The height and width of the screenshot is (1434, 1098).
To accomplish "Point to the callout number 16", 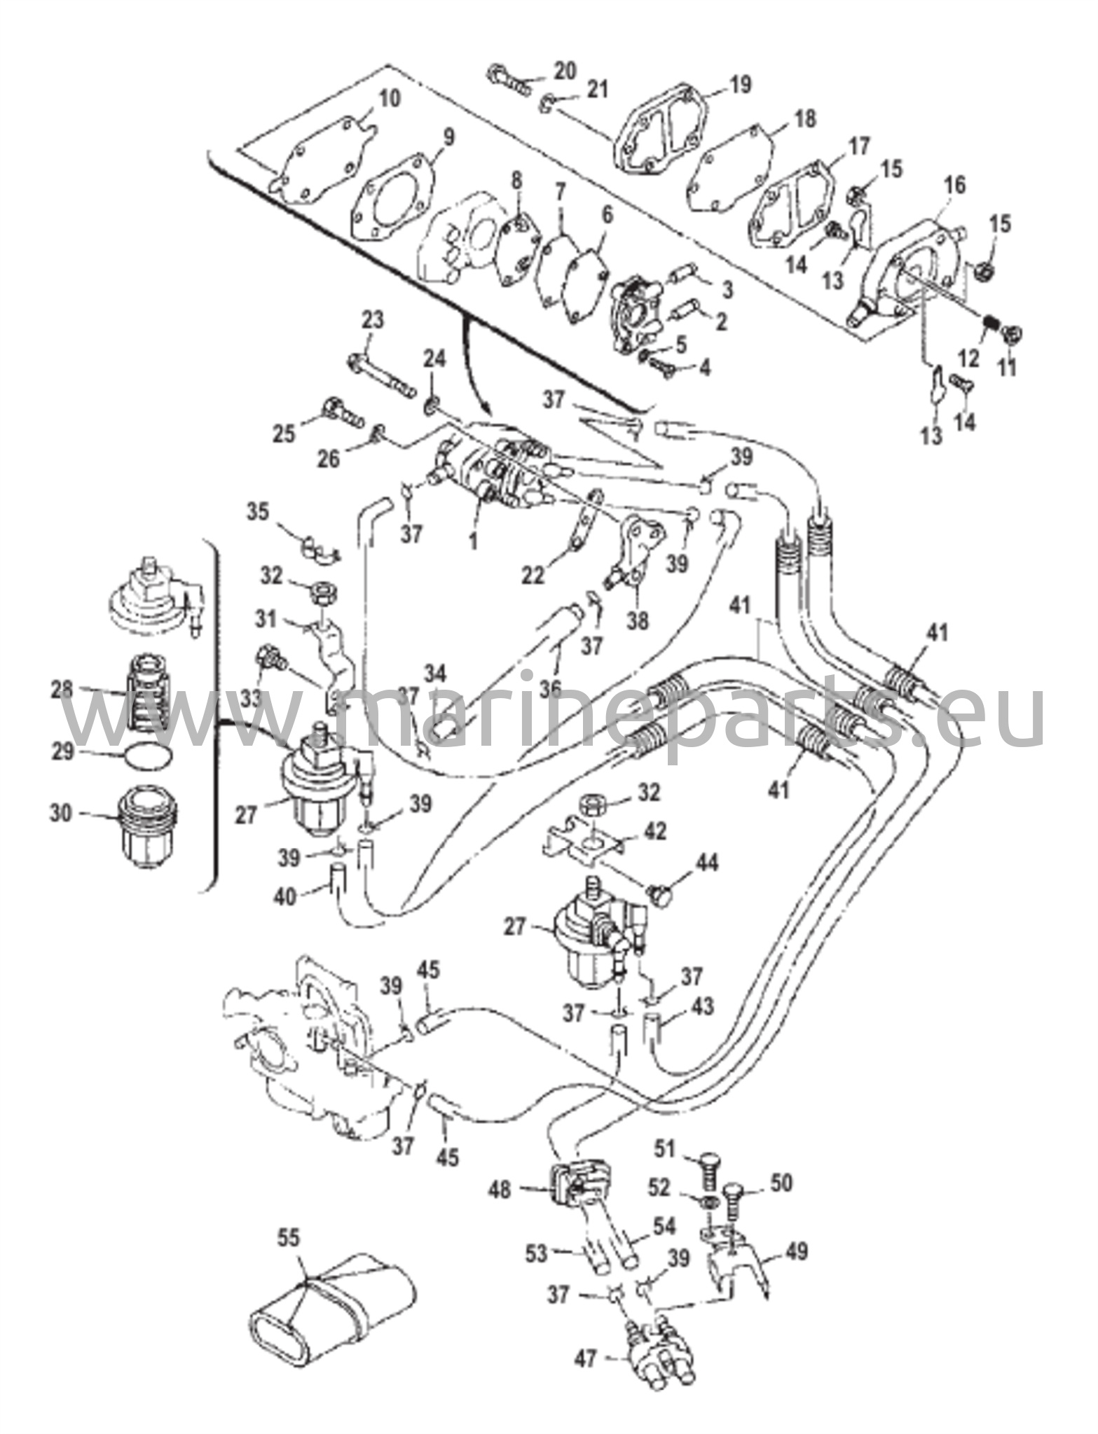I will [x=954, y=186].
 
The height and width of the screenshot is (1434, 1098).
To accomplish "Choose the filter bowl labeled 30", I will [x=149, y=825].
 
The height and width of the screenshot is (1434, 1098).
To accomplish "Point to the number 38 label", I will [x=638, y=620].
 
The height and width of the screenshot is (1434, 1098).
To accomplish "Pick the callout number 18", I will [x=805, y=119].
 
